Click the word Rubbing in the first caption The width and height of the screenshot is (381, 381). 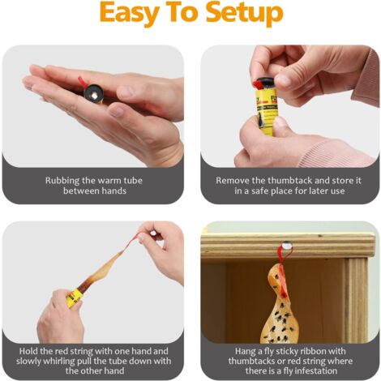click(x=62, y=181)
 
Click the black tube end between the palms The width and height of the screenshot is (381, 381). click(x=93, y=92)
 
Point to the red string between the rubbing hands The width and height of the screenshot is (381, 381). click(x=83, y=81)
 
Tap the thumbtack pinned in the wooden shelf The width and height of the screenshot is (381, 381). click(x=285, y=246)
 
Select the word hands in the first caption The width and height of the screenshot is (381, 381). click(x=114, y=191)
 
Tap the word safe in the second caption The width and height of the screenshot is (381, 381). click(x=259, y=191)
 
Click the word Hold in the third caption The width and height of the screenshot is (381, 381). click(x=28, y=351)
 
